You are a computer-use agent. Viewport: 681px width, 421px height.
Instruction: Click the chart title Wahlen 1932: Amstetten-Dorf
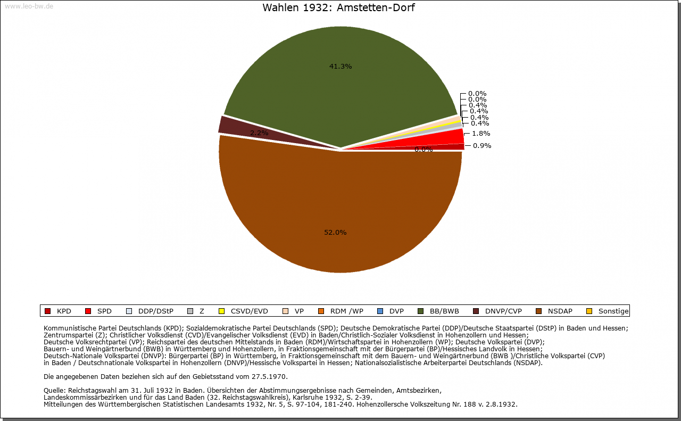pyautogui.click(x=338, y=8)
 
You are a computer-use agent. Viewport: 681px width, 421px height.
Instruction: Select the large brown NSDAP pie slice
pyautogui.click(x=340, y=213)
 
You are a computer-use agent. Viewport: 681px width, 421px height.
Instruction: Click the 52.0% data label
pyautogui.click(x=335, y=233)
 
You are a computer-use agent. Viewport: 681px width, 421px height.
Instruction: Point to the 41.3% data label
pyautogui.click(x=340, y=67)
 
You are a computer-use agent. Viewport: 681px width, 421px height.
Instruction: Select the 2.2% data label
pyautogui.click(x=259, y=133)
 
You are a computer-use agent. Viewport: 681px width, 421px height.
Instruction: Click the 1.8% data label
pyautogui.click(x=481, y=134)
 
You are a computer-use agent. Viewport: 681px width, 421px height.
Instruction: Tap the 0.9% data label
pyautogui.click(x=482, y=146)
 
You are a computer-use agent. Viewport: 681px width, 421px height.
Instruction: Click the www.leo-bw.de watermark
pyautogui.click(x=29, y=6)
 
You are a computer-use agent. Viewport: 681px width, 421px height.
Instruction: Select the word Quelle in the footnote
pyautogui.click(x=55, y=391)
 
